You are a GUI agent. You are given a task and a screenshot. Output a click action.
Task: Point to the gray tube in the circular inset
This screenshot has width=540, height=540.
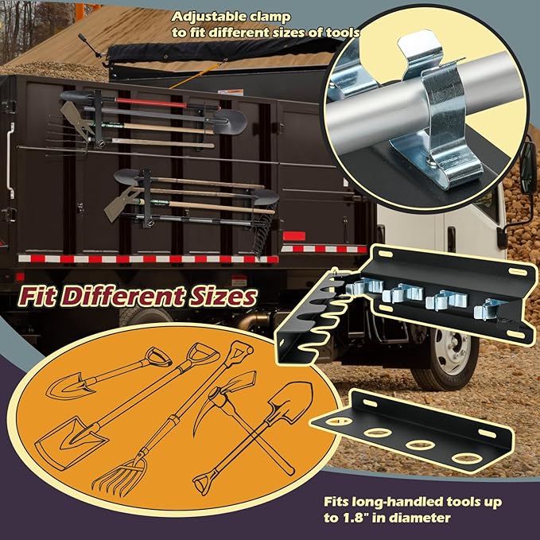tap(374, 103)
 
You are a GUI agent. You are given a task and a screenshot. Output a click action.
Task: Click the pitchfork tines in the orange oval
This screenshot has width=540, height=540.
tap(119, 473)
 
